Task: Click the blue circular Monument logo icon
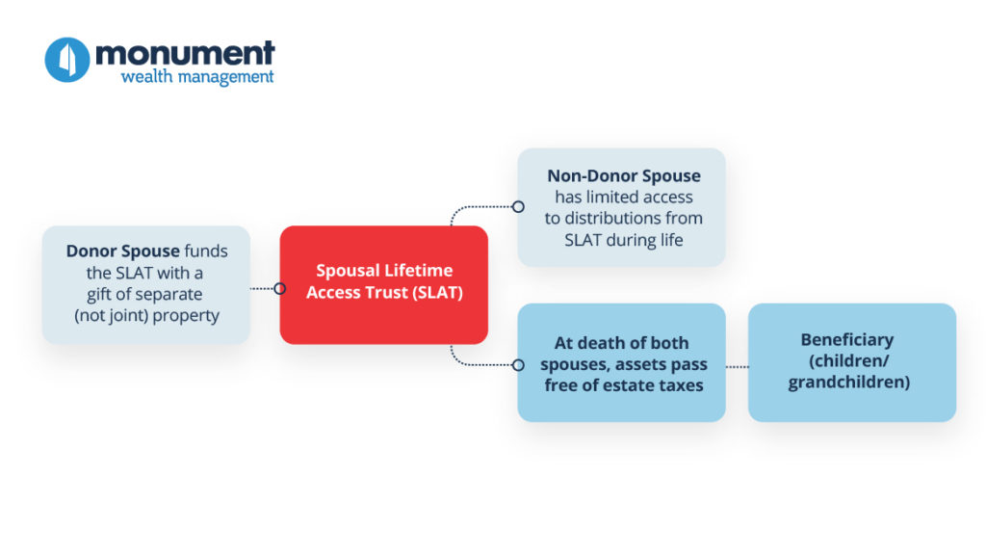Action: (67, 60)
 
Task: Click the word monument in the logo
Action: (185, 54)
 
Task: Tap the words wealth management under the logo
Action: (197, 77)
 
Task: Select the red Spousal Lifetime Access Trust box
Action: (383, 284)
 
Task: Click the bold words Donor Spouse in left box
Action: (123, 251)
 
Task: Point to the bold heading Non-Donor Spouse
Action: (624, 175)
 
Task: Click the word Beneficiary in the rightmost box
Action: (847, 340)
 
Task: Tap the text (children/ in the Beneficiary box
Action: (849, 361)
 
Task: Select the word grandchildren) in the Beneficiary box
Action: (849, 383)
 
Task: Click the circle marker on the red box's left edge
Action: (280, 289)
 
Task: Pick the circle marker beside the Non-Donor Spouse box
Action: (518, 207)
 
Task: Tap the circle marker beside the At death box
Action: (518, 365)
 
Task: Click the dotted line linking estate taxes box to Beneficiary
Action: (737, 366)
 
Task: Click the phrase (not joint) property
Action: (146, 315)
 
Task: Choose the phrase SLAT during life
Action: (624, 240)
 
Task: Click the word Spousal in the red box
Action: (348, 271)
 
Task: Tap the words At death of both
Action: (621, 343)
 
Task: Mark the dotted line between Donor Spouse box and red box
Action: (262, 289)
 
